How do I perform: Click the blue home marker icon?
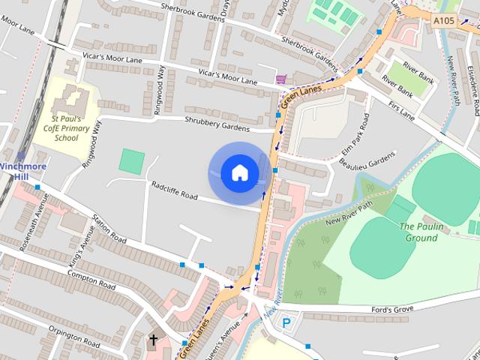tap(239, 172)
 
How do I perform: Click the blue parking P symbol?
tap(286, 324)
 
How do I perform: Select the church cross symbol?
tap(154, 340)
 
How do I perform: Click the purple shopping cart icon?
tap(280, 79)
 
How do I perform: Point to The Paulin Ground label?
tap(418, 232)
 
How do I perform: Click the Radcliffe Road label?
tap(174, 190)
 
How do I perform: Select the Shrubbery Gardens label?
tap(217, 124)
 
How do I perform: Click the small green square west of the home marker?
tap(132, 160)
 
